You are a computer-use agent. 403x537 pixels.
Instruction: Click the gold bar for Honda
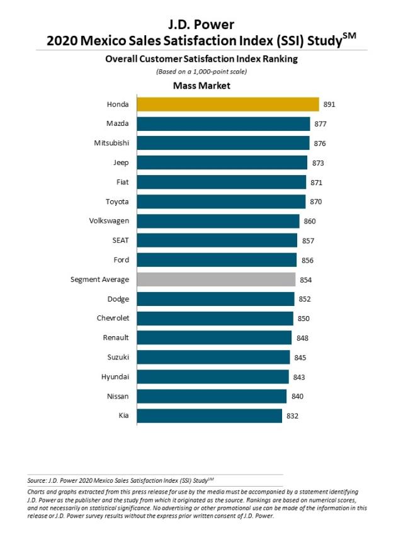coord(228,105)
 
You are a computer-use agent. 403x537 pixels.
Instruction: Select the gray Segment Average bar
coord(216,279)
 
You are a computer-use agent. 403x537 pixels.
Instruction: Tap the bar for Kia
coord(209,415)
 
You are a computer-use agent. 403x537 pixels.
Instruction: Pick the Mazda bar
coord(224,124)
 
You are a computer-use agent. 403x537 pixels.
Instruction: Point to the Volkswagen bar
coord(218,221)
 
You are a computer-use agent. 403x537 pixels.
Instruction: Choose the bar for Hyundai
coord(213,376)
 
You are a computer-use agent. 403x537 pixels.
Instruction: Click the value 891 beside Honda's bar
coord(329,105)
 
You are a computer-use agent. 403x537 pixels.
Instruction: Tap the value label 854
coord(305,280)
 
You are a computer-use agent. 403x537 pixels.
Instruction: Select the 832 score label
coord(292,415)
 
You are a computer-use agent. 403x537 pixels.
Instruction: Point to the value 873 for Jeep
coord(318,163)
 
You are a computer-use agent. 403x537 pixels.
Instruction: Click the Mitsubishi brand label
coord(111,143)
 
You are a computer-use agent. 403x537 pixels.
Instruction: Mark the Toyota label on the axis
coord(117,201)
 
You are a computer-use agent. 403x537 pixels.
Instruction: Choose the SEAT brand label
coord(120,240)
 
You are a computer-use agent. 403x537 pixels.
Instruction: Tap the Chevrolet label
coord(113,318)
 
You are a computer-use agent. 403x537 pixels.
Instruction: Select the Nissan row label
coord(118,396)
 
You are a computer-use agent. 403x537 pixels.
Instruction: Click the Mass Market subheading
coord(201,86)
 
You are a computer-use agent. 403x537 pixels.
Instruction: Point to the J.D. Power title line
coord(201,25)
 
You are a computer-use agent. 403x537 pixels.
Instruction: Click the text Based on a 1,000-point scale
coord(201,72)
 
